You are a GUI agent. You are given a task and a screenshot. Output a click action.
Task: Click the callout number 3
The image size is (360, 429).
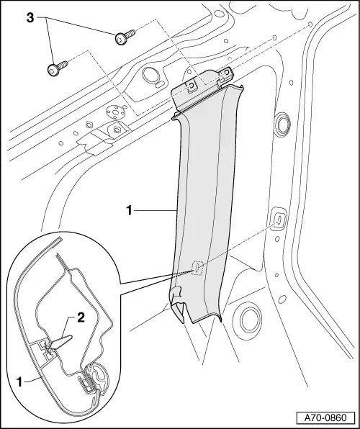tap(30, 17)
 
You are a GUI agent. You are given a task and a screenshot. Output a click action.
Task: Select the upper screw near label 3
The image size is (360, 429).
tap(121, 37)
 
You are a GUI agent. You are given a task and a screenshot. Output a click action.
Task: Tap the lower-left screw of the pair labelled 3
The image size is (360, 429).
tap(55, 69)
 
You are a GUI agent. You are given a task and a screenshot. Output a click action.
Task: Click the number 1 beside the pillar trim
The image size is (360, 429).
tap(129, 211)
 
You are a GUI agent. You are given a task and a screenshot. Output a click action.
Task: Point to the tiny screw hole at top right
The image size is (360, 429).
tap(310, 26)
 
